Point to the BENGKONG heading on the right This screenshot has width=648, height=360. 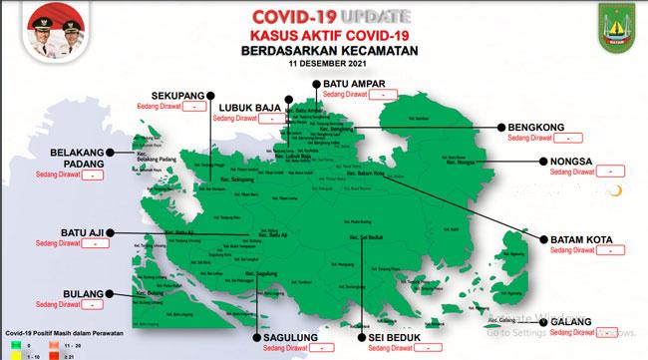coord(537,128)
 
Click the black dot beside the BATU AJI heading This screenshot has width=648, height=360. coord(111,232)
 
